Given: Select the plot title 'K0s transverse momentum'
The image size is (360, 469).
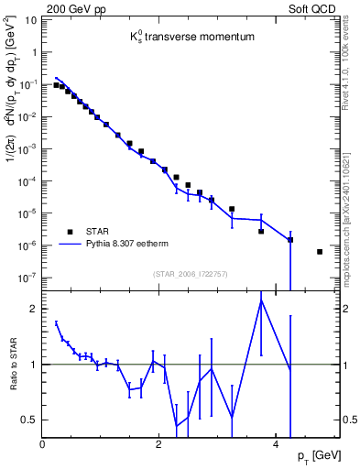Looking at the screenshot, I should (x=191, y=37).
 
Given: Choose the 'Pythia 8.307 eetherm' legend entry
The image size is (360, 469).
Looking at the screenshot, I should (x=131, y=245).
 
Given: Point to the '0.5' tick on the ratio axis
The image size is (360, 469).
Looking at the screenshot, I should (x=29, y=420).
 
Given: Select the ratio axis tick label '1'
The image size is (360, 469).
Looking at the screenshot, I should (x=34, y=365).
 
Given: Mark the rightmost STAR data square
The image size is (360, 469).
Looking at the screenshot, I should (x=320, y=252).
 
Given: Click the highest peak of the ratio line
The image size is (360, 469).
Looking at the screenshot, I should (x=261, y=300).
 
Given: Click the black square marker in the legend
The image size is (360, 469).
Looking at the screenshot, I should (x=69, y=231).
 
